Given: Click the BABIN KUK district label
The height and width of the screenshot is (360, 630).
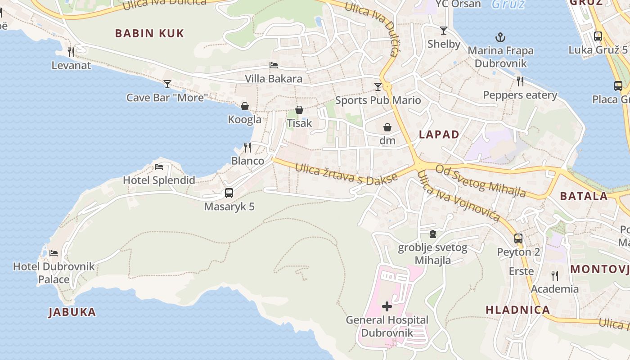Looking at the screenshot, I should coord(149,33).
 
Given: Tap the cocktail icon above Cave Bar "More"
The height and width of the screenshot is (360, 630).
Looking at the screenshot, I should coord(167,84).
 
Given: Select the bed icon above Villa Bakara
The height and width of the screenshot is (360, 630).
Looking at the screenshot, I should coord(273,65).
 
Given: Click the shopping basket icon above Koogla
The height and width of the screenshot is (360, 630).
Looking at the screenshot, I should coord(245,106).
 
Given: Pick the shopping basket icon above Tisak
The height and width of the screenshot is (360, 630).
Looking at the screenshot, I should coord(299,110).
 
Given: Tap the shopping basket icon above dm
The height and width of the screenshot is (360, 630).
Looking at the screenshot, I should coord(387,127).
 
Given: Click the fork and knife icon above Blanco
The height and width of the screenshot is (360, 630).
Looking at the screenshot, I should coord(247,147).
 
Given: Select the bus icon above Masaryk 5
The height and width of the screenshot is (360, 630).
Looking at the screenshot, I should coord(229,193).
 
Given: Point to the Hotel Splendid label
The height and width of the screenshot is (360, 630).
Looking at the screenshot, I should coord(159,180).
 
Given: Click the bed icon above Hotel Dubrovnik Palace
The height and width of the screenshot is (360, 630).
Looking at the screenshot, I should coord(54,253).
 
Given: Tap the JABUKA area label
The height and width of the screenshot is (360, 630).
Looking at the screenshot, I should coord(72,312).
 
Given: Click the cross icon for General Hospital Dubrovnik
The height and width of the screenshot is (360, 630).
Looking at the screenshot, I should coord(387,307).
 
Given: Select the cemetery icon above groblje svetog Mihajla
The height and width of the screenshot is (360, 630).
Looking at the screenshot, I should coord(432,234).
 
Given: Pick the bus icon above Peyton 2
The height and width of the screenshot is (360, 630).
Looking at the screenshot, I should coord(518,238).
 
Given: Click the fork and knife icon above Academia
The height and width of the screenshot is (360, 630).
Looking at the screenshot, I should coord(555,275).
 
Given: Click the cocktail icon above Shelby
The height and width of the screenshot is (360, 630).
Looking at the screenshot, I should coord(444,31).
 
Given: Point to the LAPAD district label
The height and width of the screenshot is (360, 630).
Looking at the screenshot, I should coord(439,135).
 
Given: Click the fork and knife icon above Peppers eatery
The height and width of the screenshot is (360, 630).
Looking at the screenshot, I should coord(520,81).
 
